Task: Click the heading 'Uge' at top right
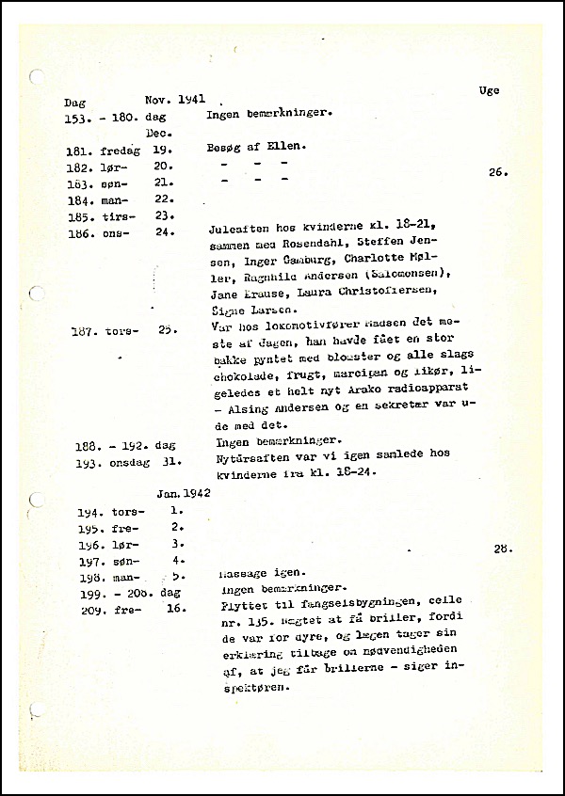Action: click(489, 90)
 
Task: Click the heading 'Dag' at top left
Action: click(74, 103)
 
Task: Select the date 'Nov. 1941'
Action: click(175, 99)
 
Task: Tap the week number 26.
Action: click(498, 172)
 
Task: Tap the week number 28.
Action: click(502, 548)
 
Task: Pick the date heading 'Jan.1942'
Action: click(184, 492)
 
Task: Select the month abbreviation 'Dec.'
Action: click(157, 134)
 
